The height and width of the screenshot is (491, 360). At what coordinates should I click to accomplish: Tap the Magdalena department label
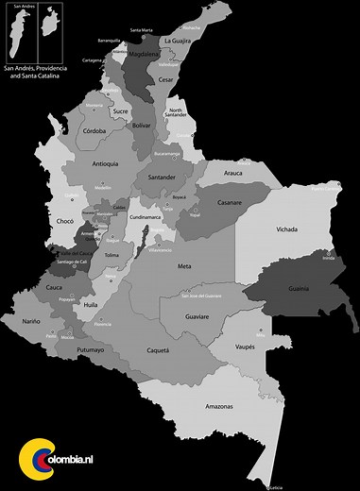click(x=144, y=55)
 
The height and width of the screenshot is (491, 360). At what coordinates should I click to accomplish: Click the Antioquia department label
click(x=106, y=163)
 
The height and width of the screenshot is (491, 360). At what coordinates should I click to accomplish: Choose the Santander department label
click(x=163, y=177)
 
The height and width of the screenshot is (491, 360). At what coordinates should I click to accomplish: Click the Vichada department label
click(x=287, y=229)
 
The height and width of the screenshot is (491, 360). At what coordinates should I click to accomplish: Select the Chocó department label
click(x=65, y=221)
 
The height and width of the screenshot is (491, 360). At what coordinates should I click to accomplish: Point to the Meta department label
click(x=184, y=266)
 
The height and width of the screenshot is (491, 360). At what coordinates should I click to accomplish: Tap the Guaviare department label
click(x=197, y=316)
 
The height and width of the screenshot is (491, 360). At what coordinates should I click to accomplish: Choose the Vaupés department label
click(x=245, y=347)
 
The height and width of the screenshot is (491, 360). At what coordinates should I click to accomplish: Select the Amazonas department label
click(x=220, y=405)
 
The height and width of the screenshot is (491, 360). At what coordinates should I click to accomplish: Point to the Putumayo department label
click(x=91, y=349)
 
